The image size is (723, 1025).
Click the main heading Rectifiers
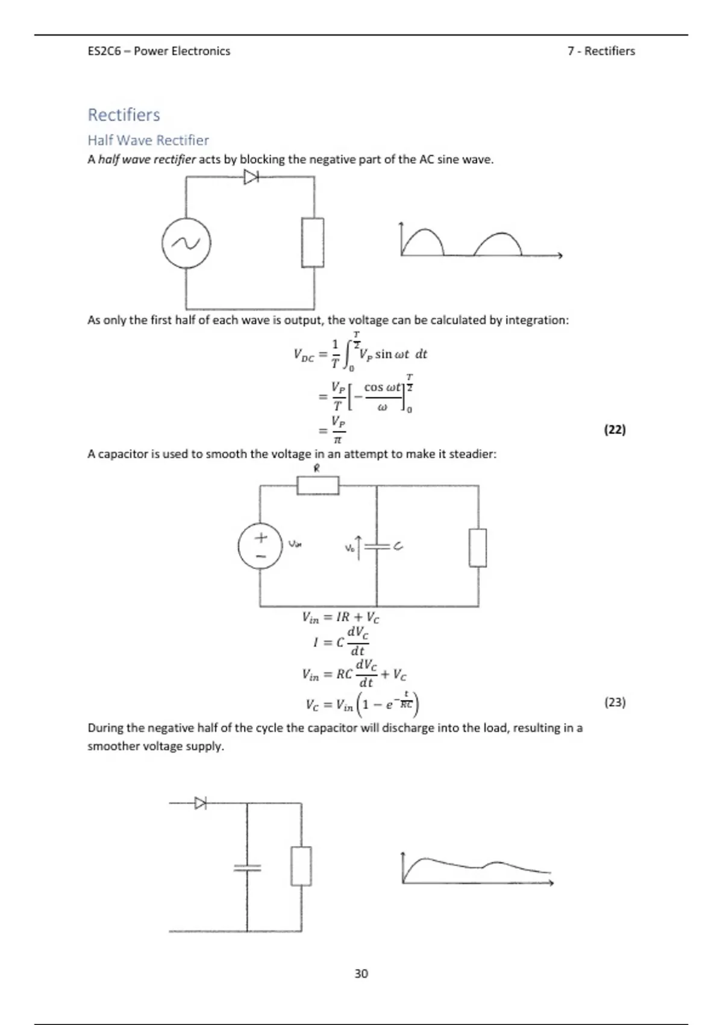(x=124, y=115)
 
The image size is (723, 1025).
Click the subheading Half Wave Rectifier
(x=148, y=140)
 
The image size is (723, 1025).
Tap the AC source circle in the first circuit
(x=186, y=243)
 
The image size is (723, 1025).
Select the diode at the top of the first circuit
(x=251, y=177)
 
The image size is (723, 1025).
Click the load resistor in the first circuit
(x=313, y=242)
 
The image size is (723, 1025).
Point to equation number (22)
(x=615, y=429)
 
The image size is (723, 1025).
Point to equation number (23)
(x=615, y=702)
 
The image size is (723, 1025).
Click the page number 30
(x=361, y=973)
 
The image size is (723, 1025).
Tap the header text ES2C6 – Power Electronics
(x=159, y=51)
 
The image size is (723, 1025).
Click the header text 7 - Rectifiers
(x=601, y=51)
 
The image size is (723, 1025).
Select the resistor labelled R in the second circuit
(x=318, y=485)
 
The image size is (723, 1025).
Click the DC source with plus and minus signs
(x=260, y=546)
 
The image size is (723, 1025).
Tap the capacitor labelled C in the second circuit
(x=377, y=546)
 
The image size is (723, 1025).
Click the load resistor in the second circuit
(x=478, y=547)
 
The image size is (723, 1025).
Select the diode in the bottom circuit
(x=200, y=803)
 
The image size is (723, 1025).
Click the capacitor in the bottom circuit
(x=247, y=868)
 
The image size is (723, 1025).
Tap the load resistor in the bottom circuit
(x=301, y=866)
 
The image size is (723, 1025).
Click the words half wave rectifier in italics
(x=147, y=160)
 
